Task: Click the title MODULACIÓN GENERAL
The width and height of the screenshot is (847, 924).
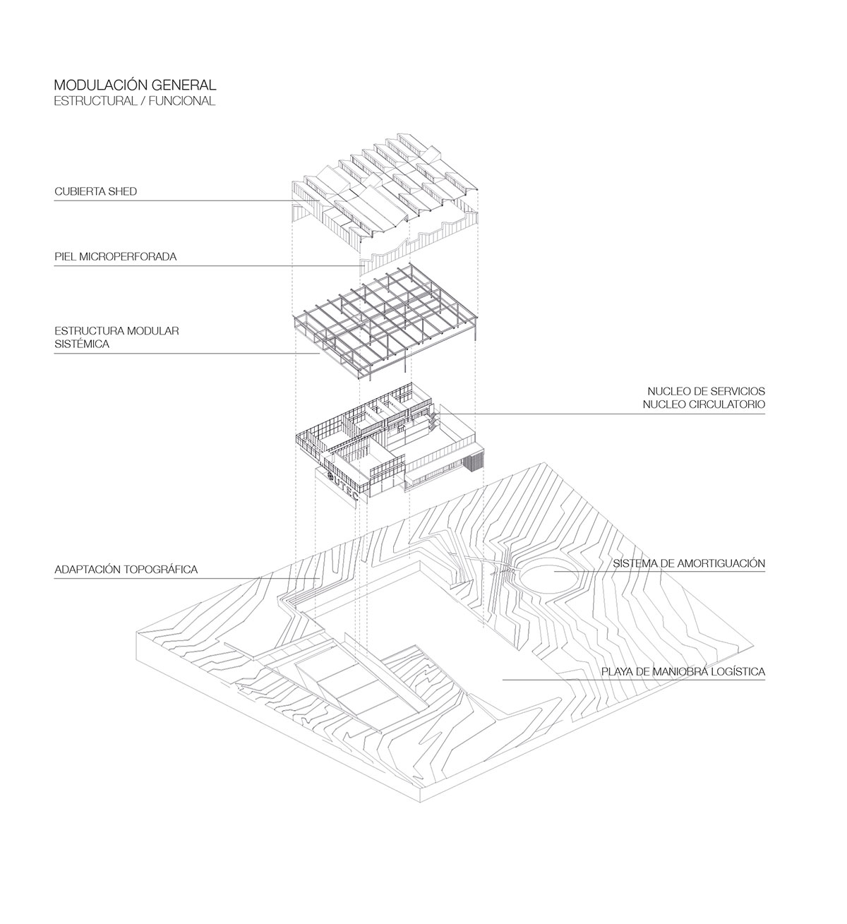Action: [x=135, y=85]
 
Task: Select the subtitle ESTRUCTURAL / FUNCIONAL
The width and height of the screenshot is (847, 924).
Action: [x=135, y=101]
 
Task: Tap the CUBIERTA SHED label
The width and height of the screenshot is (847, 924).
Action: [x=96, y=191]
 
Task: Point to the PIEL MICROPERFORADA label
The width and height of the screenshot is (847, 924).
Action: [x=116, y=256]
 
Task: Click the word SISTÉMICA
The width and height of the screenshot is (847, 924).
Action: [x=82, y=344]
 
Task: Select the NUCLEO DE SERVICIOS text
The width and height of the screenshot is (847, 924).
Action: [x=706, y=392]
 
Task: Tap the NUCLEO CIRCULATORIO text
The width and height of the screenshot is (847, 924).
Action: [x=704, y=404]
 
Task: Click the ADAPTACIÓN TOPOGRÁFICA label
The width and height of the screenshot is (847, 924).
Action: [x=126, y=570]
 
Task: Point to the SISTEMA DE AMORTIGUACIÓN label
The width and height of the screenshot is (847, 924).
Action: [x=689, y=563]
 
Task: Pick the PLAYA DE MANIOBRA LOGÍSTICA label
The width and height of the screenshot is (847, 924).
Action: [x=683, y=671]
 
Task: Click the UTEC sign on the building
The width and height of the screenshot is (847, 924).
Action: [x=342, y=486]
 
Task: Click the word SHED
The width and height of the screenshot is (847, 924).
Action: [x=123, y=191]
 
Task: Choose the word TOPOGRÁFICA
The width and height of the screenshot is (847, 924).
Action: [x=161, y=570]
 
